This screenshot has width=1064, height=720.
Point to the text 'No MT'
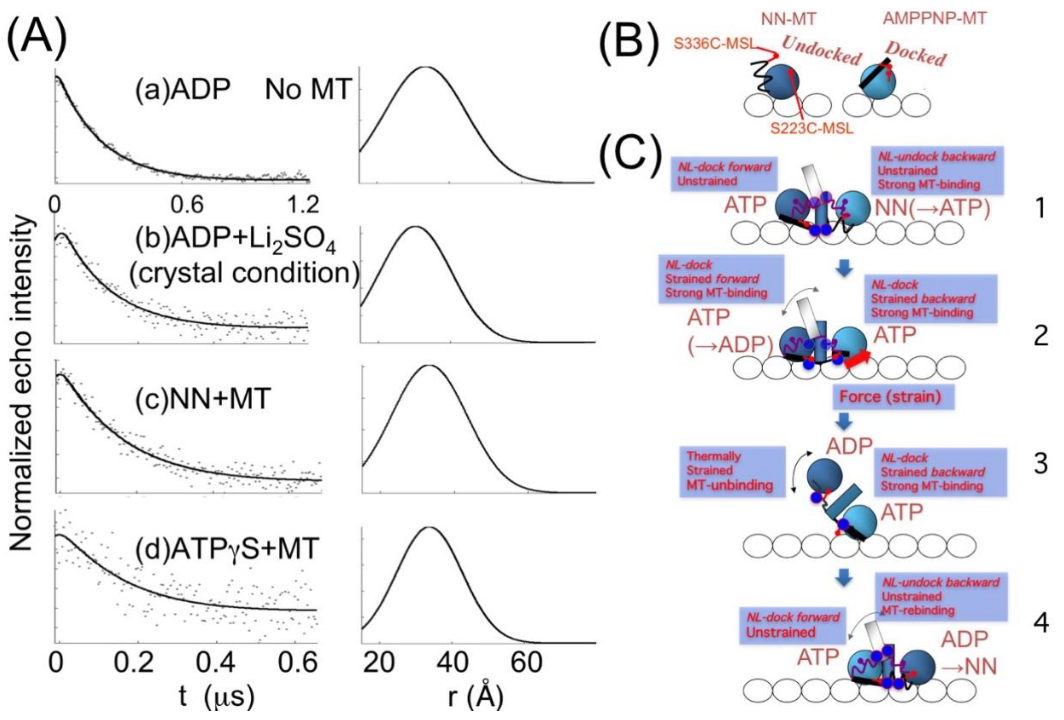(x=308, y=89)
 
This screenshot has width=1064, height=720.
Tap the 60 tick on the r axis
(x=527, y=662)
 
